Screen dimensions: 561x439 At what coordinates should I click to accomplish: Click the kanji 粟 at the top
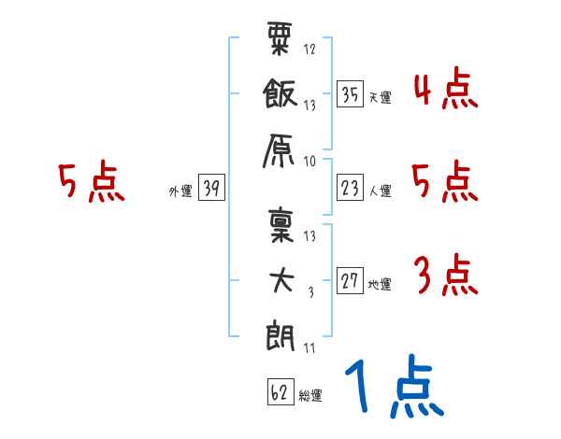[x=280, y=38]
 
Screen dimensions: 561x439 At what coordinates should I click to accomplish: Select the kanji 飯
[x=280, y=93]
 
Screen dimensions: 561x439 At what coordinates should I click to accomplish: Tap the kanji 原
[x=279, y=150]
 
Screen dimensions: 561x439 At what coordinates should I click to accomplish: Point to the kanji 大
[x=281, y=280]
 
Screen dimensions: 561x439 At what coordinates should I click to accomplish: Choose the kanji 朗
[x=280, y=335]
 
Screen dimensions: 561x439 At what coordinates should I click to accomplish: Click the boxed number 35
[x=351, y=94]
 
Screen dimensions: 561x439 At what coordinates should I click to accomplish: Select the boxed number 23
[x=351, y=188]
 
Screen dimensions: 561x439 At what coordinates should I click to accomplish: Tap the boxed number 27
[x=351, y=280]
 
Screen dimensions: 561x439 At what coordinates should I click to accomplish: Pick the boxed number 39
[x=211, y=187]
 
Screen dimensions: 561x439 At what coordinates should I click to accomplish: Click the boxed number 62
[x=280, y=391]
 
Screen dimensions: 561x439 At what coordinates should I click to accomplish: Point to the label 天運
[x=381, y=97]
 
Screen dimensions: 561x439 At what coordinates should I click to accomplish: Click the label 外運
[x=180, y=191]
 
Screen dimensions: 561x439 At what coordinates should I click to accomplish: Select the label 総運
[x=310, y=395]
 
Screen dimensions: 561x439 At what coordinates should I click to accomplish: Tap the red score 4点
[x=446, y=89]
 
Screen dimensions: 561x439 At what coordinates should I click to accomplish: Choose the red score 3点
[x=446, y=275]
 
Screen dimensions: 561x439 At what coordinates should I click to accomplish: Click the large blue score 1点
[x=395, y=386]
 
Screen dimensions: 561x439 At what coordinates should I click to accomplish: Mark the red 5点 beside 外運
[x=92, y=181]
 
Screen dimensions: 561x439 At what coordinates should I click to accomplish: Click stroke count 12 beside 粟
[x=309, y=49]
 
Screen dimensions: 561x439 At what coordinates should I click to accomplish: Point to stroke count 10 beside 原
[x=309, y=162]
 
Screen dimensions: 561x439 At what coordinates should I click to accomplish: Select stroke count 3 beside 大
[x=311, y=292]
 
